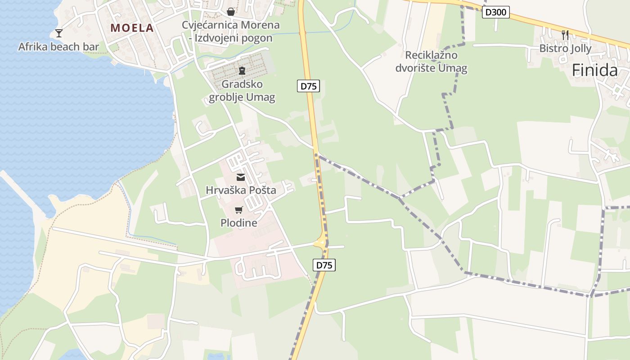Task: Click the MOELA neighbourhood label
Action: click(x=132, y=28)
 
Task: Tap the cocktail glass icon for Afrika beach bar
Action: click(x=59, y=33)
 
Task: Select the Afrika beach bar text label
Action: click(x=58, y=47)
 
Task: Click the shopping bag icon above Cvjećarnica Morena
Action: click(x=231, y=12)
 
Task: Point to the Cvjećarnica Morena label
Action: click(x=231, y=25)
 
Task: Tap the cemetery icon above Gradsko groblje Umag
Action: click(x=242, y=70)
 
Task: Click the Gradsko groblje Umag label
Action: click(x=242, y=90)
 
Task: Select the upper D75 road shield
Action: click(x=308, y=86)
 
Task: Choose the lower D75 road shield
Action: click(x=324, y=265)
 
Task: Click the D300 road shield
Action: click(x=496, y=12)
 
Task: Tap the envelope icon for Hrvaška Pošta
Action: click(x=241, y=177)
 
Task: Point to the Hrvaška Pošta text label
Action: click(x=241, y=190)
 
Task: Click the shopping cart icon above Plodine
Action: click(x=239, y=210)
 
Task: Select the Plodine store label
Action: click(x=239, y=223)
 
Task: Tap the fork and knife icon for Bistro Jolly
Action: click(x=565, y=35)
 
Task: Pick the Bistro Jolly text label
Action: click(x=565, y=49)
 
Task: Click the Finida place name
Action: click(x=594, y=70)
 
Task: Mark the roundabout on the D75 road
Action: click(x=321, y=243)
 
